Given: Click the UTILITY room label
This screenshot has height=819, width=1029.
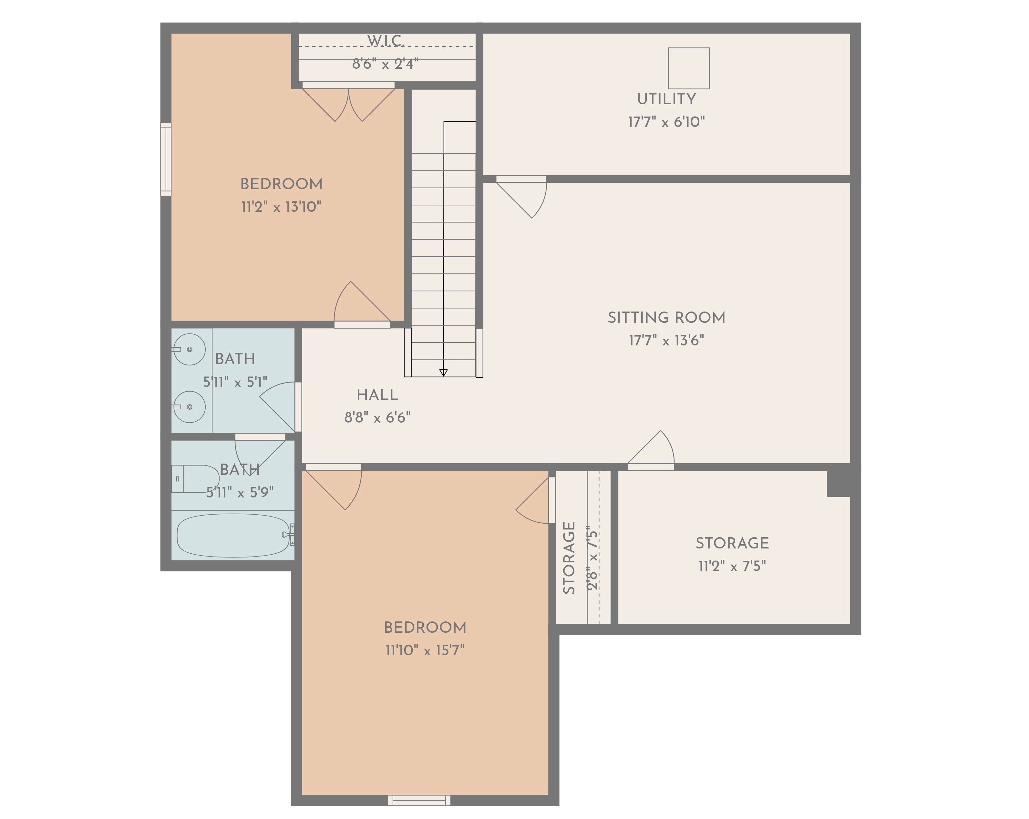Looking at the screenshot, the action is [x=666, y=99].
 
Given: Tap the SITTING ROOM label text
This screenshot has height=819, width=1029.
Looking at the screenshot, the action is [x=666, y=318].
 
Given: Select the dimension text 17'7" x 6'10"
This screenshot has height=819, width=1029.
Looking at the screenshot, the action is [x=666, y=122].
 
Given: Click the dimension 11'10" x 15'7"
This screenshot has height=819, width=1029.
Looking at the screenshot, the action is [x=425, y=650].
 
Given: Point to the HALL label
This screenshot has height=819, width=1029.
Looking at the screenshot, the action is [x=377, y=395].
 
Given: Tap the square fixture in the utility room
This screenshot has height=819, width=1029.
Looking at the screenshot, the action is [x=689, y=68].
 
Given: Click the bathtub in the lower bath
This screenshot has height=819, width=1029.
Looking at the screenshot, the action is [x=234, y=535].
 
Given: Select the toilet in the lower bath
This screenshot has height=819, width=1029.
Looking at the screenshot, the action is [x=195, y=479].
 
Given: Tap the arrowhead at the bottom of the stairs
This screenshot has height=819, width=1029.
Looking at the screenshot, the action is [x=443, y=373].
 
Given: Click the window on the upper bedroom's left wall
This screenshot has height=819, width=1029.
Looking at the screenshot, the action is [x=166, y=159].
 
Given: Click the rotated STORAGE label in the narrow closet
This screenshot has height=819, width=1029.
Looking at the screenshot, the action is [x=569, y=558].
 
